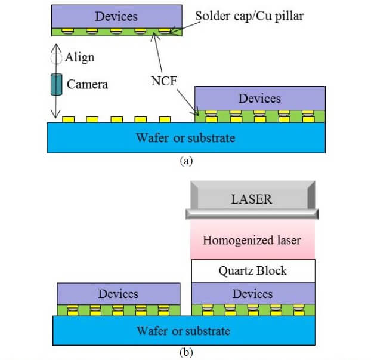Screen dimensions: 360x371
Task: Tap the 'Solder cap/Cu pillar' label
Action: [x=250, y=16]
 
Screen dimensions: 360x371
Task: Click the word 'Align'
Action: [x=79, y=58]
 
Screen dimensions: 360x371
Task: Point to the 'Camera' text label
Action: [x=87, y=84]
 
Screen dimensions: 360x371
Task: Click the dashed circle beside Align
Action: [x=55, y=58]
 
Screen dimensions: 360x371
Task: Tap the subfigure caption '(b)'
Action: [x=185, y=352]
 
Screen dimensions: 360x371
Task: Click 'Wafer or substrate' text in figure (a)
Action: [x=185, y=138]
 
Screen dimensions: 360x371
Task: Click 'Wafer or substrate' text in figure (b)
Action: [x=184, y=330]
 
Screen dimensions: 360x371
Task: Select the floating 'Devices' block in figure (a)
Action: [x=116, y=16]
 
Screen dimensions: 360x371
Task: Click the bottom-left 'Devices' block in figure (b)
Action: [x=118, y=294]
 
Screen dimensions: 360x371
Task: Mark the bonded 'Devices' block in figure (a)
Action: [x=259, y=98]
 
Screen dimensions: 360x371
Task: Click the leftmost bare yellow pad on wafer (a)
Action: [x=69, y=119]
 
